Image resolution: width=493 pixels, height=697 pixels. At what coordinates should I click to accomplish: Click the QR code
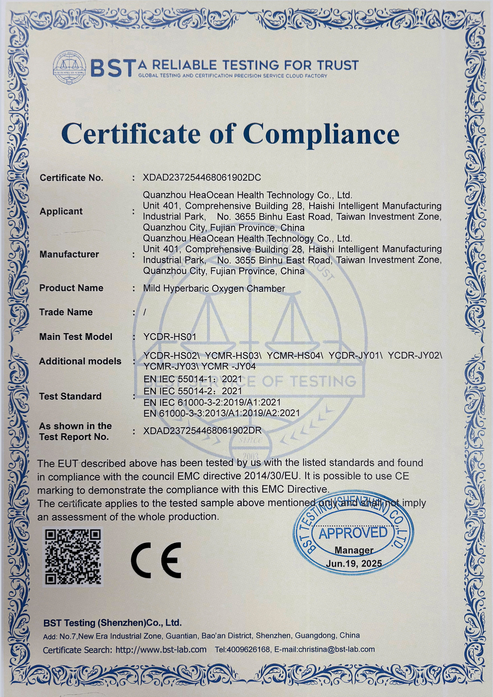coord(73,557)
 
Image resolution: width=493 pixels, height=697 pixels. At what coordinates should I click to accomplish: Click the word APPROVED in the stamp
coord(353,533)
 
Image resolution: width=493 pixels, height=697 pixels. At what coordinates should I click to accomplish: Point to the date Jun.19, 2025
coord(354,564)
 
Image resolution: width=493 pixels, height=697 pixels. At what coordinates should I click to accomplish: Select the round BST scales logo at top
coord(69,67)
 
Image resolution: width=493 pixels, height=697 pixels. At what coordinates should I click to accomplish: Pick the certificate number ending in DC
coord(202,178)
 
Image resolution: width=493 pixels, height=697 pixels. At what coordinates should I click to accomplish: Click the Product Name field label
coord(71,288)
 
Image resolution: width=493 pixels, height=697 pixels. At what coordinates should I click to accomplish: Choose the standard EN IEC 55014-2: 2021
coord(193,391)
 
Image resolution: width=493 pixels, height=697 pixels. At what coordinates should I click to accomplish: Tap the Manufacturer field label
coord(69,254)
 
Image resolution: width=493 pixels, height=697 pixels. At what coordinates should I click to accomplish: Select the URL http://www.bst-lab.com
coord(161,650)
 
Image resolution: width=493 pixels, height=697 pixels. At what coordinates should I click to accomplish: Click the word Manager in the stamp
coord(354,550)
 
